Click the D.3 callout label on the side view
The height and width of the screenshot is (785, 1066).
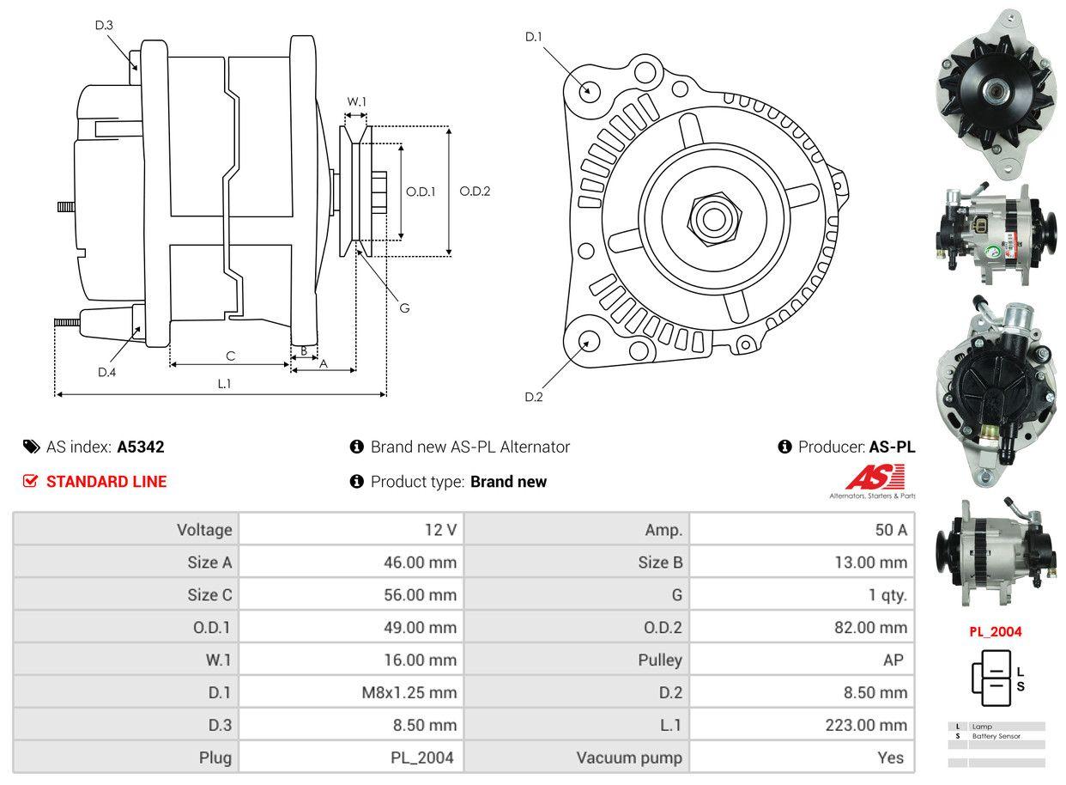point(104,25)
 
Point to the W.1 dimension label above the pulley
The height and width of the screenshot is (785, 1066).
point(356,101)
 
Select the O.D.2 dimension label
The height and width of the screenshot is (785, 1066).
point(475,192)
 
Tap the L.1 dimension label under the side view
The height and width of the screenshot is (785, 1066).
point(223,384)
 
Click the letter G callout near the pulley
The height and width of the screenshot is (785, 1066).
point(404,307)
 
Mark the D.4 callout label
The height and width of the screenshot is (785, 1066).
point(106,372)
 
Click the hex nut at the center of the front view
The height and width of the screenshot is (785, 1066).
point(711,216)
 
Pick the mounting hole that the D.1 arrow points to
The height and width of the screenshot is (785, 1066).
point(589,90)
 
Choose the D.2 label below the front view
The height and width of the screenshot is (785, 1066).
point(534,397)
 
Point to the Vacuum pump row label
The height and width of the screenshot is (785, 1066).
point(629,758)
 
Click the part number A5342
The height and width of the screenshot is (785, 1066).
point(141,447)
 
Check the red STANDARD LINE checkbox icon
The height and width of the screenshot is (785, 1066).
point(31,481)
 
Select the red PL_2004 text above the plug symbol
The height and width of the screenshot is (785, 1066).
point(996,631)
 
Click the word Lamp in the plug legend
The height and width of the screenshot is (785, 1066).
point(982,727)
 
